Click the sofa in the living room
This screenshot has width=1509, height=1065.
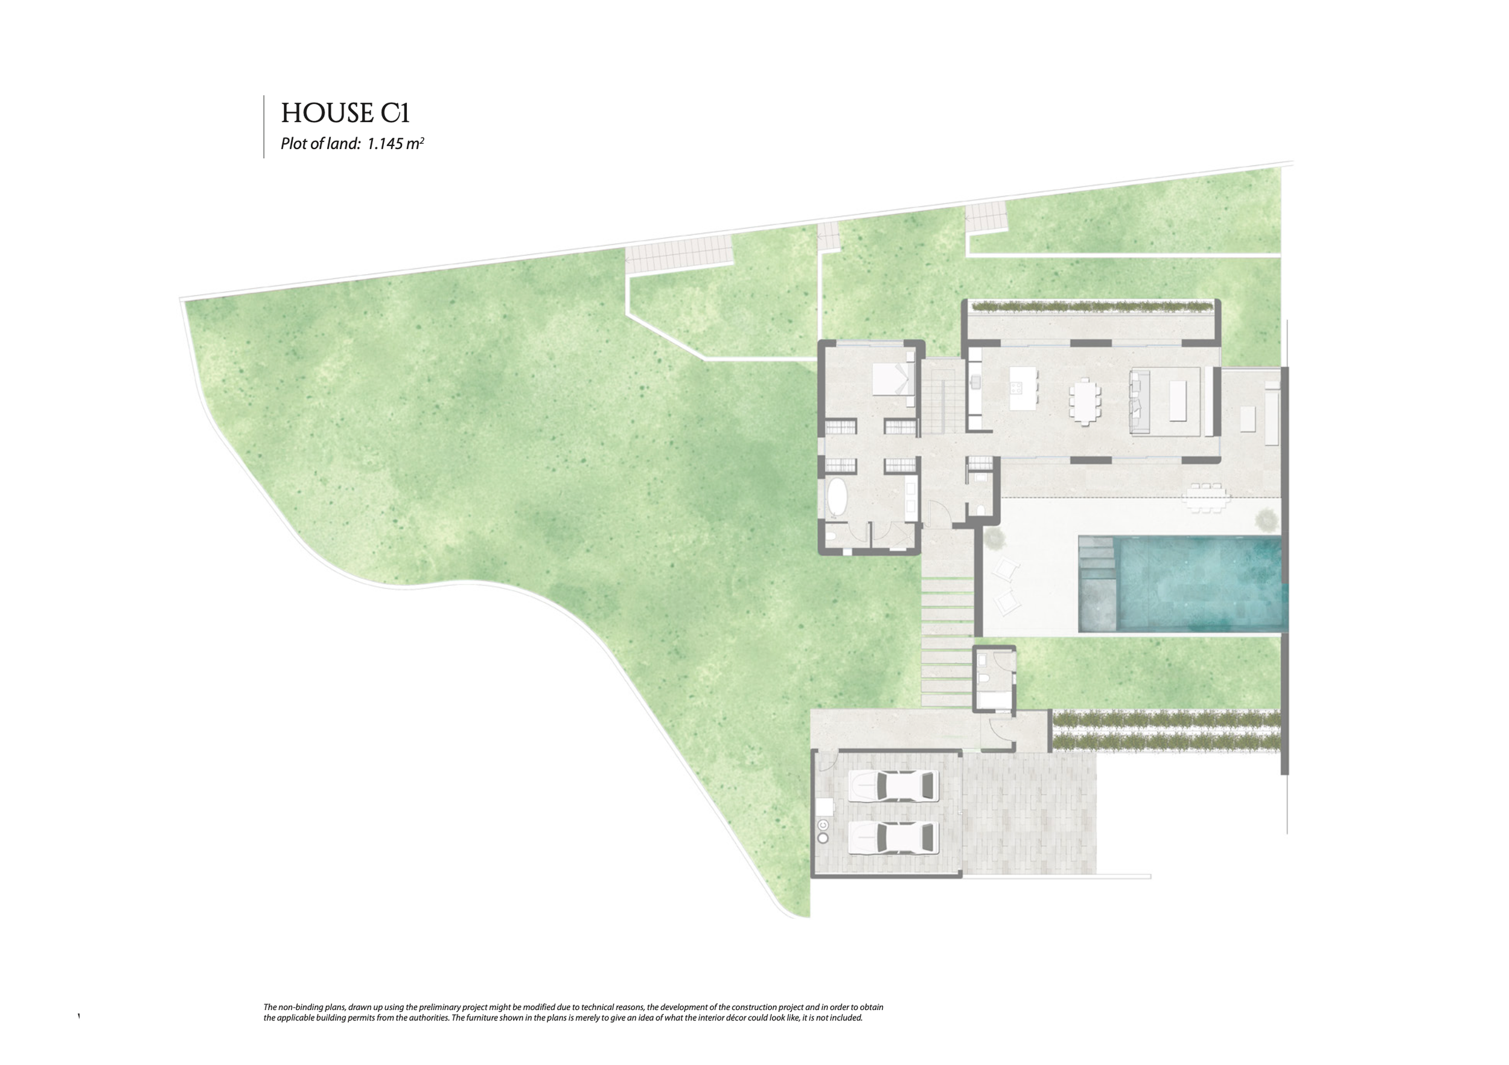(1140, 401)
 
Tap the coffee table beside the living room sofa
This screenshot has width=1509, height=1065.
(1176, 401)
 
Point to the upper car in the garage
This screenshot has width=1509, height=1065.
(892, 786)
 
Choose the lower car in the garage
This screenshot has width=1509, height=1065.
(892, 838)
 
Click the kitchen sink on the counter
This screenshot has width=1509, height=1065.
(977, 382)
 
